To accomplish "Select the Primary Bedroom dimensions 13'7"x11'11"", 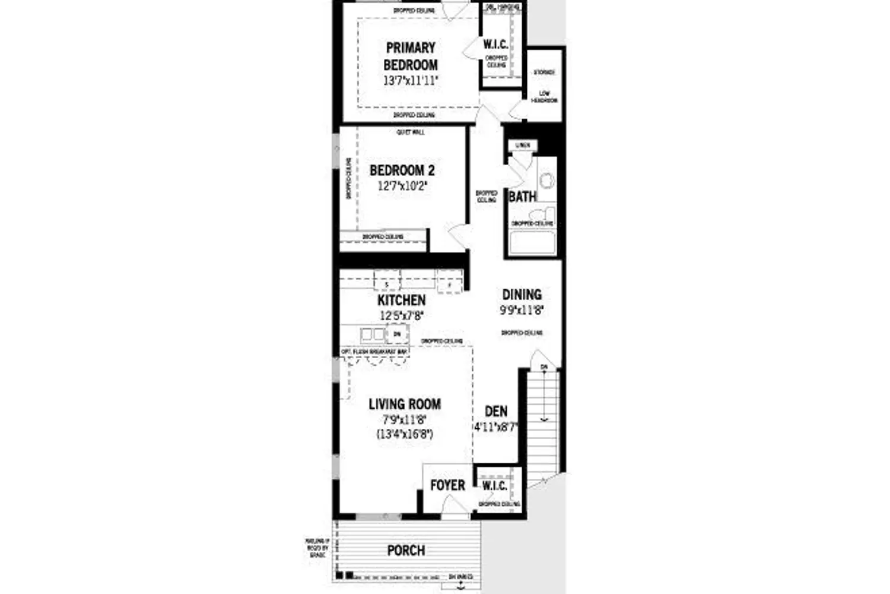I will [x=411, y=81].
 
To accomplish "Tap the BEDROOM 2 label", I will [x=402, y=170].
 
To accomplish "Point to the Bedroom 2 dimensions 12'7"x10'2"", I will [x=402, y=186].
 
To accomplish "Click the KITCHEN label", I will [x=401, y=301].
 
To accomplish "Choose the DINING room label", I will [x=522, y=295].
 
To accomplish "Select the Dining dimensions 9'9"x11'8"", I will [x=522, y=310].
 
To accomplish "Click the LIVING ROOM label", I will [x=405, y=405].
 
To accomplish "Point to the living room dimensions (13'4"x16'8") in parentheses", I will [x=405, y=434].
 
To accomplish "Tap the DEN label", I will [x=496, y=412].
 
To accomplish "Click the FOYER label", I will [x=447, y=485].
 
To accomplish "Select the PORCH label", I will [x=406, y=551].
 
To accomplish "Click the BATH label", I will [x=522, y=197].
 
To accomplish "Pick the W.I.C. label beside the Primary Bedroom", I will [x=495, y=45].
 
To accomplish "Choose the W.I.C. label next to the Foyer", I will [x=494, y=486].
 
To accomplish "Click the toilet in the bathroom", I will [x=541, y=214].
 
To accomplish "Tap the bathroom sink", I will [x=546, y=179].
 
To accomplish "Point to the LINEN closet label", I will [x=522, y=145].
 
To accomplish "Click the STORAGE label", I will [x=543, y=72].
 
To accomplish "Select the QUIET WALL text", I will [x=410, y=132].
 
